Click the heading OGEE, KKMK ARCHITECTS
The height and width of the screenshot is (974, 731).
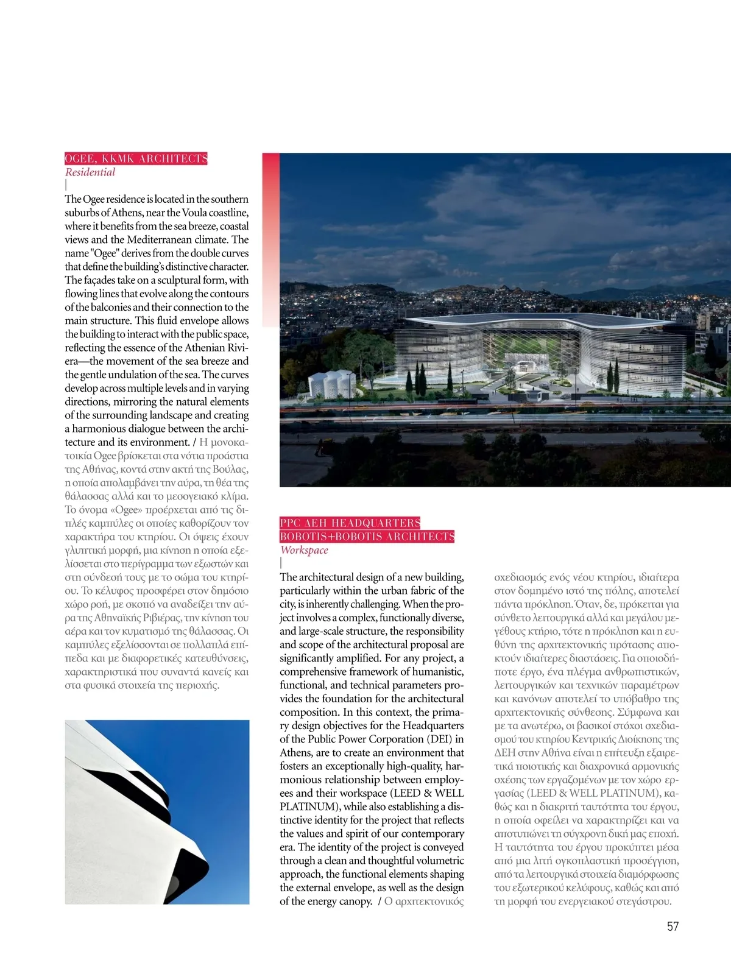136,159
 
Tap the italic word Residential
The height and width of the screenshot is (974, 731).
90,172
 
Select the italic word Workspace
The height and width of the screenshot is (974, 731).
304,550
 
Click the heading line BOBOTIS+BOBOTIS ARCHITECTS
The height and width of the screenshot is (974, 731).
367,537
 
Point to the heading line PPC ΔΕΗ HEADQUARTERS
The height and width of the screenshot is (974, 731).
350,523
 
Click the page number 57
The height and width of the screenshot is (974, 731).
673,926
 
